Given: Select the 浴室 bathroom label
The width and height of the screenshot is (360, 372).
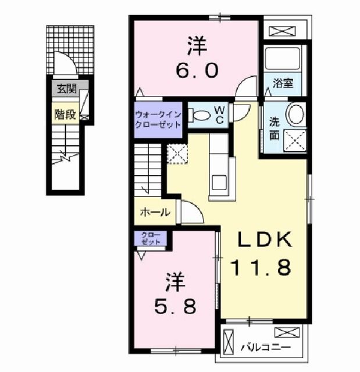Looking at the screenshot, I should coord(283,84).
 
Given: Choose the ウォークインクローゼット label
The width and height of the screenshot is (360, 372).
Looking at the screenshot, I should coord(158,119).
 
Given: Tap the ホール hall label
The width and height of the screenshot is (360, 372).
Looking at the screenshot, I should coord(155,212).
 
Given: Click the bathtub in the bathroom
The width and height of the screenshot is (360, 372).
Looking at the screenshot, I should coord(281,58).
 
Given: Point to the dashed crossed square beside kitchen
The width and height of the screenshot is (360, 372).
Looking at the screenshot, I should coord(176,154).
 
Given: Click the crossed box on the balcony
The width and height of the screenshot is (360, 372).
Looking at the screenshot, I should coord(286,334).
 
